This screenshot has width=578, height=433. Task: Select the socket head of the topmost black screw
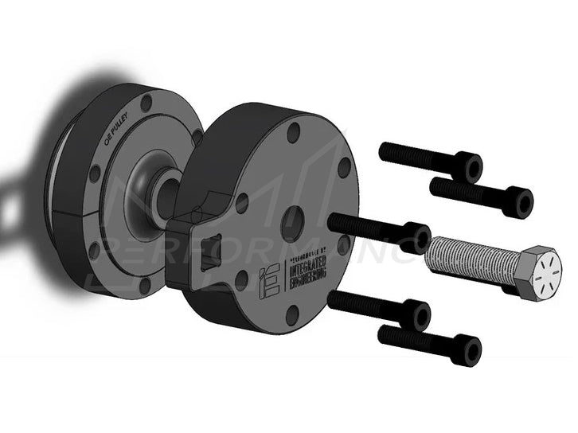pyautogui.click(x=471, y=167)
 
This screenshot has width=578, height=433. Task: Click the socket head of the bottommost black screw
pyautogui.click(x=469, y=350)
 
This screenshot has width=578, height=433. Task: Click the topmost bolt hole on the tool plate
pyautogui.click(x=294, y=132)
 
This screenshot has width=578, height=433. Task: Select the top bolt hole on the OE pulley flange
pyautogui.click(x=146, y=103)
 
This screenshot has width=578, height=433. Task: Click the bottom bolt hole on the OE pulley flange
pyautogui.click(x=144, y=284)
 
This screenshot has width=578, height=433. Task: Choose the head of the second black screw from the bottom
pyautogui.click(x=418, y=315)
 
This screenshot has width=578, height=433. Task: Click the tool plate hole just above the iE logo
pyautogui.click(x=242, y=203)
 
